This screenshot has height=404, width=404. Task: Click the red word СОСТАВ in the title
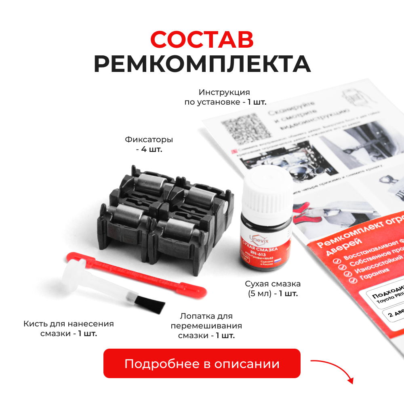[x=202, y=40]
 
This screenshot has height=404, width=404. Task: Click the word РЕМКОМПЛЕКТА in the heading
[x=202, y=64]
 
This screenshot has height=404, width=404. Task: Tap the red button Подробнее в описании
[x=202, y=364]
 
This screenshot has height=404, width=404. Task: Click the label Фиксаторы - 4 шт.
[x=149, y=145]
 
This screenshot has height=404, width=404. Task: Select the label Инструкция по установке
[x=225, y=97]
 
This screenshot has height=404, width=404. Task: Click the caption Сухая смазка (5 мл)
[x=273, y=288]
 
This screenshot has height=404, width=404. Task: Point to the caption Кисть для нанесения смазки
[x=69, y=329]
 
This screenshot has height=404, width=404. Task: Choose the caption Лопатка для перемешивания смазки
[x=206, y=326]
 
